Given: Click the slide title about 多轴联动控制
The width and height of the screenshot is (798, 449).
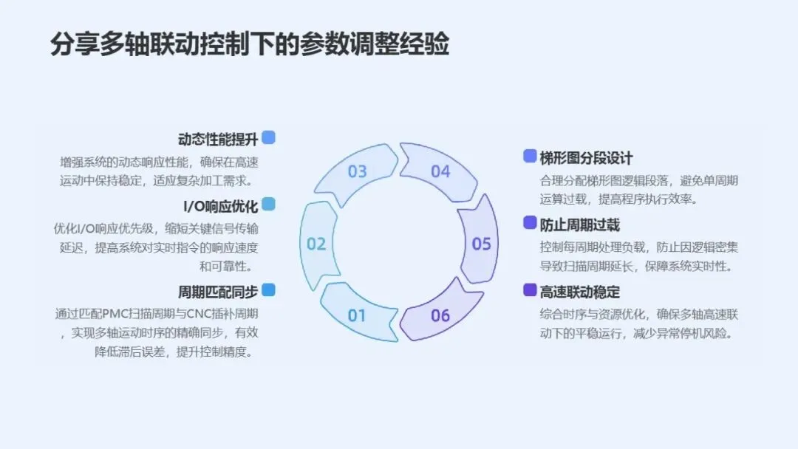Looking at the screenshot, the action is tap(250, 44).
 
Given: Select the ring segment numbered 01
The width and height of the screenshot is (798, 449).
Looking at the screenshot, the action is tap(357, 315).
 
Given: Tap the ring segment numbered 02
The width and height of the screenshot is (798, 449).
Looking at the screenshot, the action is tap(317, 244).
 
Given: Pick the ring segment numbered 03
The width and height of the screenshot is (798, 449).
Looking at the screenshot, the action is tap(358, 171).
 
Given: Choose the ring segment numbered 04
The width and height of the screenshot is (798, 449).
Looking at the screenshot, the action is tap(440, 171).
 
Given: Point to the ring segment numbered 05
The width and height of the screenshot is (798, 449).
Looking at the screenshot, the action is tap(481, 244).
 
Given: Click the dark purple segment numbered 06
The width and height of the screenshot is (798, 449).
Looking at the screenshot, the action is tap(440, 315).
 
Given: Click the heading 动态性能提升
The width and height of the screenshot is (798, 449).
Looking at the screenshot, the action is tap(218, 139).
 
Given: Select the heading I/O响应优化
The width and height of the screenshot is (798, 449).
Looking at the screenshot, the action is tap(221, 206).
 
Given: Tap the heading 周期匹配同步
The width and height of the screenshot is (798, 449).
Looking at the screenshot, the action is tap(218, 291).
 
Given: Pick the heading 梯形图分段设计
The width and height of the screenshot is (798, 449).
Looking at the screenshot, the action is tap(586, 157).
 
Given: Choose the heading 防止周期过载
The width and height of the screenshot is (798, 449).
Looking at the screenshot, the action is tap(579, 224).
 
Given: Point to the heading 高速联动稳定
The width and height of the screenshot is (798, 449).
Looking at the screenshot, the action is tap(579, 291).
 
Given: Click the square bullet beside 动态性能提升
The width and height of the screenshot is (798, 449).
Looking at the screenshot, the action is tap(269, 137).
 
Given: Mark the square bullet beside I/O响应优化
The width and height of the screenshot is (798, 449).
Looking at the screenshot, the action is tap(269, 205).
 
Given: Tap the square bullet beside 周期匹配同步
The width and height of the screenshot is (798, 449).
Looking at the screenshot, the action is tap(269, 289).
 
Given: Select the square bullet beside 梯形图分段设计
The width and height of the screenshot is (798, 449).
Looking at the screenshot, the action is tap(530, 156).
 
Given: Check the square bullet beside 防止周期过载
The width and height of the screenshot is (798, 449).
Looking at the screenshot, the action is tap(530, 223).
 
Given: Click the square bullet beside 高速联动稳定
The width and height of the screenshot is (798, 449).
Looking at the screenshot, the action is tap(530, 289).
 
